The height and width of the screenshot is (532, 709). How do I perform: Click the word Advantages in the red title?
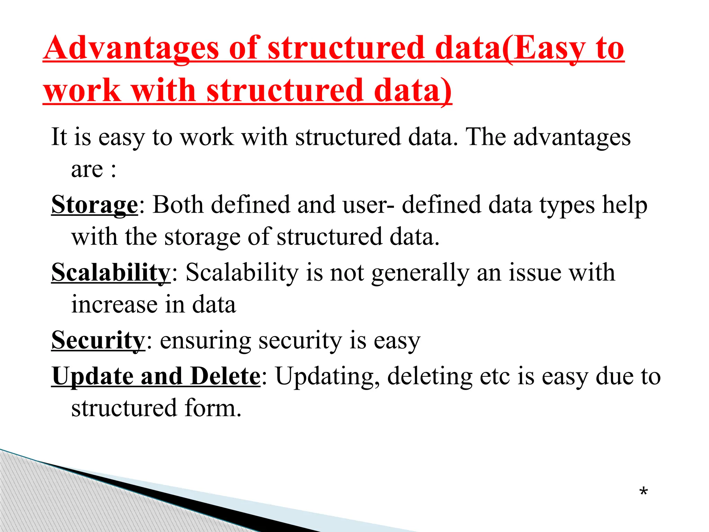coord(132,48)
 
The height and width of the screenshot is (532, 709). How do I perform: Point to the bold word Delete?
coord(225,376)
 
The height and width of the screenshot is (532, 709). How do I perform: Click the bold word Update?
coord(92,376)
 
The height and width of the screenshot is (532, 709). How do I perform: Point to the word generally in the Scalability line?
coord(420,273)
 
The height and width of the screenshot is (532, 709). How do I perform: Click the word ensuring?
coord(205,340)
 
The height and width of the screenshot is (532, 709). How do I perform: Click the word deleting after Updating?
coord(430,376)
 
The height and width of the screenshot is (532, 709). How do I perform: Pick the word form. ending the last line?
coord(213,408)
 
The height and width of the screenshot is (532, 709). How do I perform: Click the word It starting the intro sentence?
coord(59,136)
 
